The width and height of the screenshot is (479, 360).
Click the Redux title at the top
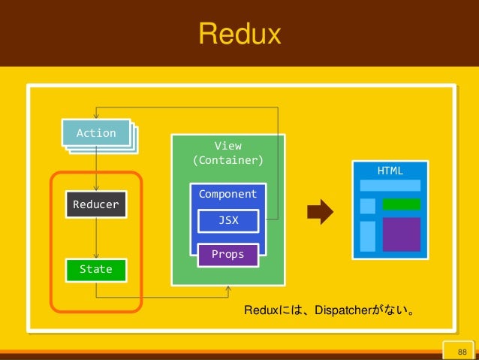tap(239, 34)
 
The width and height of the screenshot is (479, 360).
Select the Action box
tap(96, 133)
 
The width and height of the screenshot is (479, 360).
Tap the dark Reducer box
tap(96, 204)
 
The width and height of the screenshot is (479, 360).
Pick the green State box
tap(96, 270)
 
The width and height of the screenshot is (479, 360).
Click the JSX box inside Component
tap(228, 220)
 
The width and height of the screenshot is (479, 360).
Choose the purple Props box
tap(228, 255)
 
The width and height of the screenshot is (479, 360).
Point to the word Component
tap(227, 194)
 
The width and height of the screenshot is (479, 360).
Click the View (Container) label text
tap(228, 153)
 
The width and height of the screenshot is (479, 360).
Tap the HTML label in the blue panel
tap(390, 171)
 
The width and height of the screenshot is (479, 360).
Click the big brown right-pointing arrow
tap(320, 212)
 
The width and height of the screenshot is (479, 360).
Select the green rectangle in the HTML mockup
tap(402, 204)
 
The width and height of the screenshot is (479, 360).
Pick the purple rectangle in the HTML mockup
tap(402, 234)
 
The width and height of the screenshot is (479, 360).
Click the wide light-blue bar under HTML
tap(390, 186)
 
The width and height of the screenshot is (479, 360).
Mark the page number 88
tap(462, 352)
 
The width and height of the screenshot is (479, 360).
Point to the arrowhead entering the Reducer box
tap(96, 189)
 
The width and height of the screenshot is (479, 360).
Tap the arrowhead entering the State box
tap(96, 256)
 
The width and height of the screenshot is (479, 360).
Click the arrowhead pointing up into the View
tap(228, 289)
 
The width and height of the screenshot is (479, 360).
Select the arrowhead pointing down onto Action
tap(96, 116)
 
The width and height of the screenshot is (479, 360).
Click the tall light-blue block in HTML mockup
tap(368, 237)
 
